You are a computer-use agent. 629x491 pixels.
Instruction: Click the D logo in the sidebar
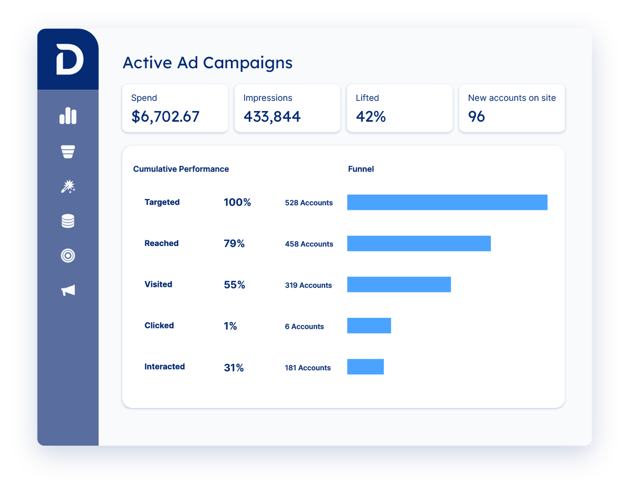point(69,60)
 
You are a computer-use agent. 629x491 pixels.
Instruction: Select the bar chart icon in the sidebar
point(68,116)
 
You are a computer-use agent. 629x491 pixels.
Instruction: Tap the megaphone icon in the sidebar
point(68,290)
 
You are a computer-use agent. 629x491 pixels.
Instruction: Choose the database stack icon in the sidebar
point(68,221)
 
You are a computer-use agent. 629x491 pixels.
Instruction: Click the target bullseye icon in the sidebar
point(68,255)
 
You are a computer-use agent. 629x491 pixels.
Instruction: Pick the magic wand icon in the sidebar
point(68,186)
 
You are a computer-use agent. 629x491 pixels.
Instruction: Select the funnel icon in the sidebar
point(68,151)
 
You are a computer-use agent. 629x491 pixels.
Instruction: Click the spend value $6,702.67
point(165,117)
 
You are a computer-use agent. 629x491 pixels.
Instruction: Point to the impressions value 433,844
point(272,117)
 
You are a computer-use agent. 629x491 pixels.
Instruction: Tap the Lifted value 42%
point(371,117)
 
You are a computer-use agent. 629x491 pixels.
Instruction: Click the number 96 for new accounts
point(476,117)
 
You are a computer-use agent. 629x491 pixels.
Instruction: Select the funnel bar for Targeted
point(447,202)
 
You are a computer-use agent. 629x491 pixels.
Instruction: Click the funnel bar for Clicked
point(369,325)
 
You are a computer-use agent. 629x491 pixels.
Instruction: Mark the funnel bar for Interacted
point(365,367)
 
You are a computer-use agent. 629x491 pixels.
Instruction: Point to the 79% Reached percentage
point(234,243)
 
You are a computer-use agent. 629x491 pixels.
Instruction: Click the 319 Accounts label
point(308,285)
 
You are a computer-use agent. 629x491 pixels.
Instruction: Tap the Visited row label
point(158,284)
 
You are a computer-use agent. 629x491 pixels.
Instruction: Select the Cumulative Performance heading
point(181,169)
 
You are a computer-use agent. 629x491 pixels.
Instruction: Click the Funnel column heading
point(361,169)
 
